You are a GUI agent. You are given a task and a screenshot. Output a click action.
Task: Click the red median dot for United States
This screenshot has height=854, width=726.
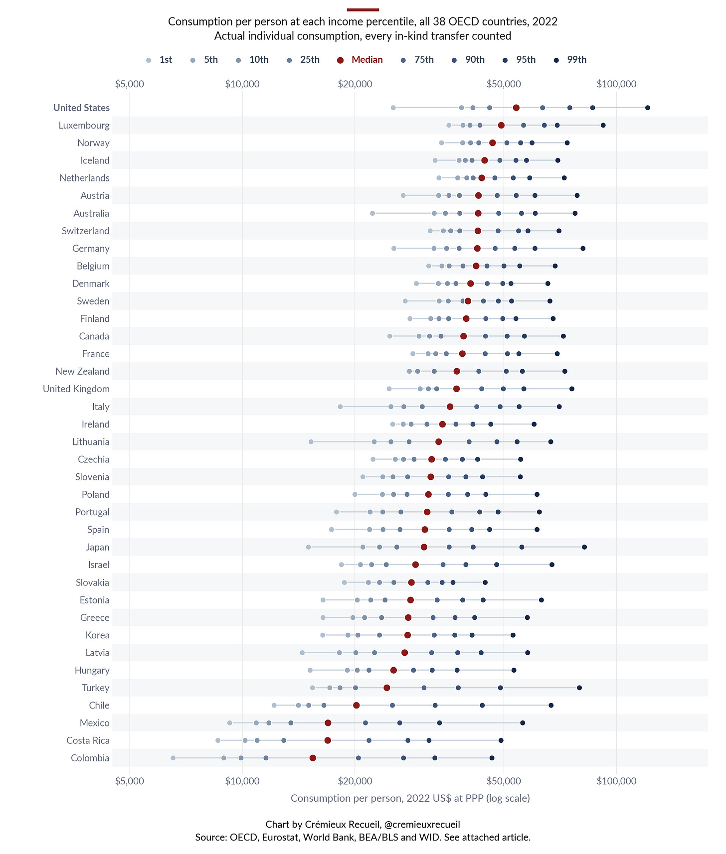tap(516, 108)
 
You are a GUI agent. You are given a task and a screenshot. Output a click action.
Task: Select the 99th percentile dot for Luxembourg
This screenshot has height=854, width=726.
tap(603, 125)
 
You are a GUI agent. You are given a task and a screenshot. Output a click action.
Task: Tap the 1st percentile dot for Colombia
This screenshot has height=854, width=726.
tap(173, 758)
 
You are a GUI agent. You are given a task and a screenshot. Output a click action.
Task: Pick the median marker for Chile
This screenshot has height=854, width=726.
tap(357, 705)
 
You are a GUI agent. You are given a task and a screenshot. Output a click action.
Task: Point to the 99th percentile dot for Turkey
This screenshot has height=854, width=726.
tap(579, 688)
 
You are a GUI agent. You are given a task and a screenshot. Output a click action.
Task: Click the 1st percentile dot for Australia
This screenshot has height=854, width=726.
tap(372, 213)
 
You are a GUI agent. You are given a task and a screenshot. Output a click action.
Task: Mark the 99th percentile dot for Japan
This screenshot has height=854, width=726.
tap(584, 547)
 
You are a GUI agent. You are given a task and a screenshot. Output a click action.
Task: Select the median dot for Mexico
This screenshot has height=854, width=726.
tap(328, 723)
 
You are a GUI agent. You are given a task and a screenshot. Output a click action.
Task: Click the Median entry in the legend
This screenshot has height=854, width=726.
tap(360, 60)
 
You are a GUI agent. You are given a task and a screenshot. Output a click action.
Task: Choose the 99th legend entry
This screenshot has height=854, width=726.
tap(571, 60)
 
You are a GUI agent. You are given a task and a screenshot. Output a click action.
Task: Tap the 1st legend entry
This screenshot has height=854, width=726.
tap(159, 60)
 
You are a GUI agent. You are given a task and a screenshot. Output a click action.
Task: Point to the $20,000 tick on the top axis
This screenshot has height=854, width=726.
tap(355, 84)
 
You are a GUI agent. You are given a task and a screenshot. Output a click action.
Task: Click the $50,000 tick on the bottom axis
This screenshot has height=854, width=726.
tap(504, 781)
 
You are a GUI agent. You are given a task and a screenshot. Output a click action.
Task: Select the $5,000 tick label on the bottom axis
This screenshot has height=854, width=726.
tap(130, 781)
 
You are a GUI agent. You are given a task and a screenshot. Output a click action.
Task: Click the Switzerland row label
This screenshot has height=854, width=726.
tap(85, 231)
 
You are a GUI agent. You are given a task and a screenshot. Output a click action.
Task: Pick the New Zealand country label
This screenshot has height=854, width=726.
tap(82, 371)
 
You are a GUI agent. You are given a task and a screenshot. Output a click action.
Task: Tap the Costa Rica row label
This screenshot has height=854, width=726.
tap(88, 740)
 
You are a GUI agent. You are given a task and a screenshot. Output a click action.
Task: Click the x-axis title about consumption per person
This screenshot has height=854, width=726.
tap(410, 798)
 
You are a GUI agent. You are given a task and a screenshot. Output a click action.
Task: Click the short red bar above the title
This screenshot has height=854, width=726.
tap(363, 9)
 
